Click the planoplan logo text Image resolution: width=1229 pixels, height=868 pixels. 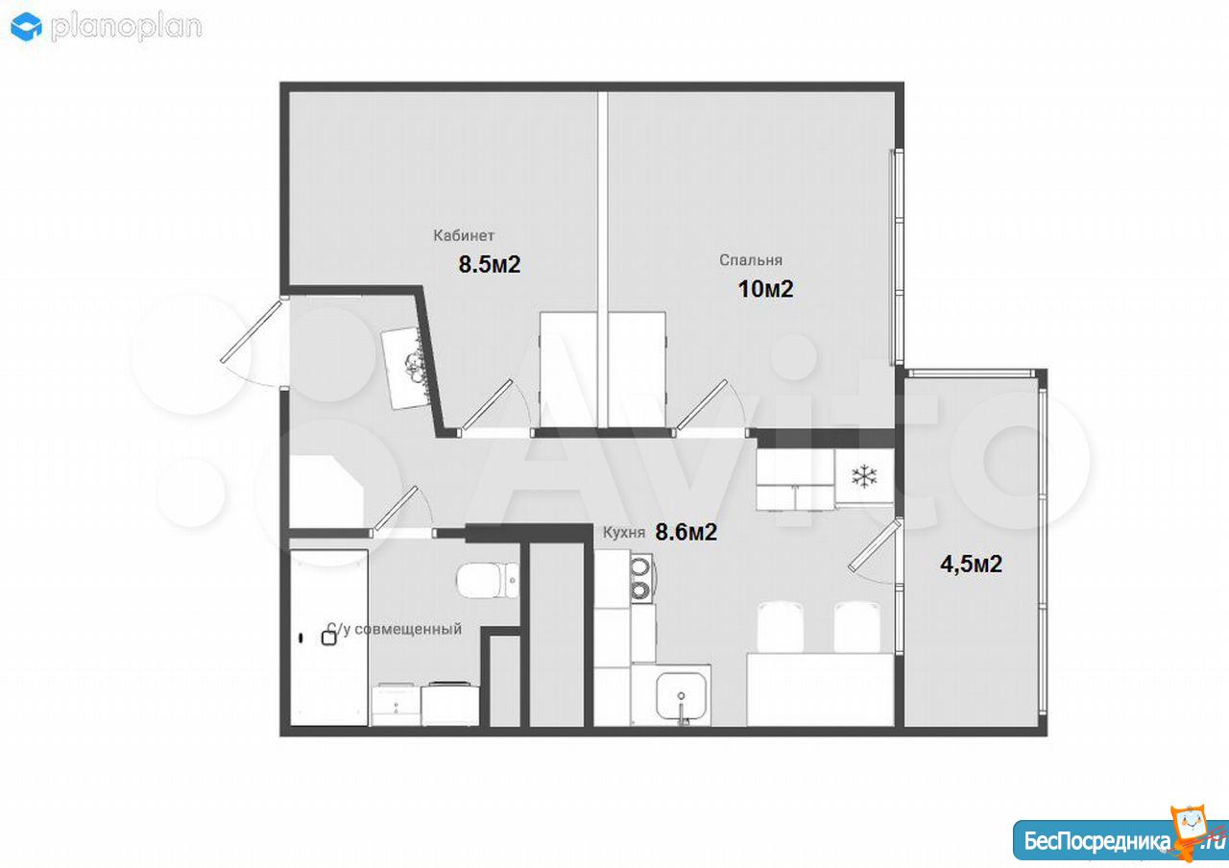click(126, 28)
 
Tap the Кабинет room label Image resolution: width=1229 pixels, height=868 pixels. click(464, 235)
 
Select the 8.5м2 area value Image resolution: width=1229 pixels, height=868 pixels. click(490, 264)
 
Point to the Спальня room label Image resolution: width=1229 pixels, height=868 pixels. click(751, 260)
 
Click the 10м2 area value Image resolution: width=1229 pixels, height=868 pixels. click(765, 289)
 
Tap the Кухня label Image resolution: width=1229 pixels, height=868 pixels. click(624, 533)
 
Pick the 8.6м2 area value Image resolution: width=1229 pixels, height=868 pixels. click(687, 532)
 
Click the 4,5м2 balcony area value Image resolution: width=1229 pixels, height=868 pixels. click(971, 564)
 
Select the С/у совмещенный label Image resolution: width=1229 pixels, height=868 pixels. click(395, 629)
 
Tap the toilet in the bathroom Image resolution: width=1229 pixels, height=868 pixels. click(488, 580)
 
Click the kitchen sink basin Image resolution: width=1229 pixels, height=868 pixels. click(681, 695)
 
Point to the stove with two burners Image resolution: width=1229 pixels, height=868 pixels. click(640, 578)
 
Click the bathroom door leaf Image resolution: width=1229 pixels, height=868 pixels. click(394, 513)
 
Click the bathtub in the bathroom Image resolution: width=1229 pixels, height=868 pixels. click(328, 638)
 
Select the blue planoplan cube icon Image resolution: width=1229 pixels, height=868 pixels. click(26, 27)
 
